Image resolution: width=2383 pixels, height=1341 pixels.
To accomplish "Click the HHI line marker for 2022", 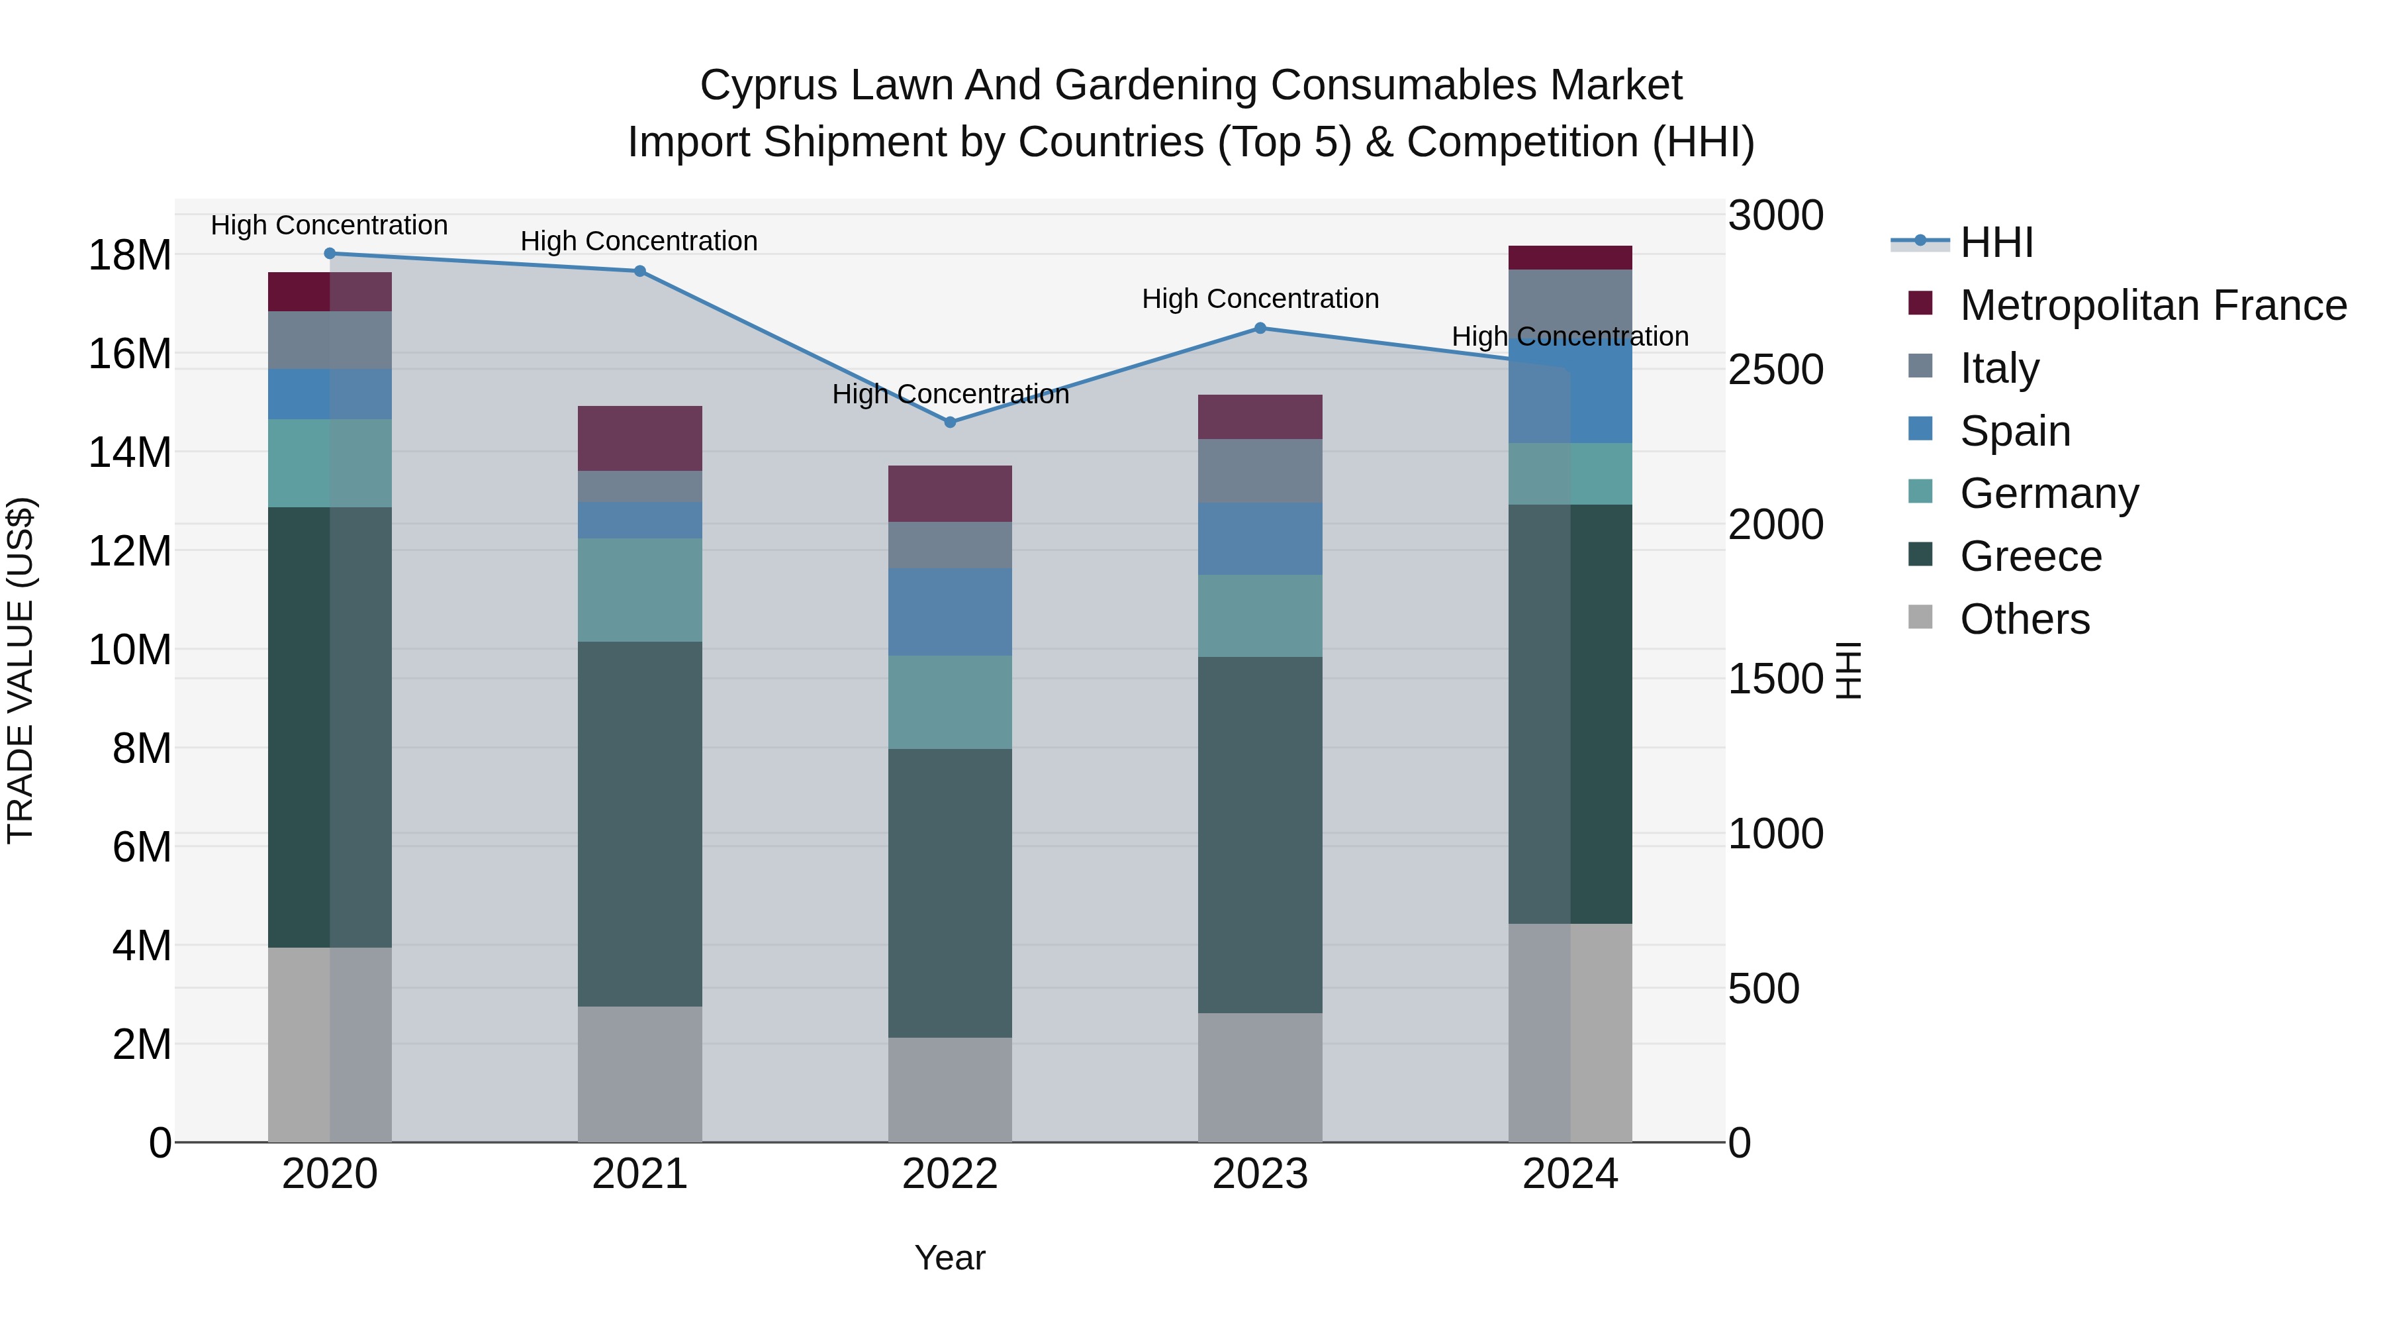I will click(x=949, y=422).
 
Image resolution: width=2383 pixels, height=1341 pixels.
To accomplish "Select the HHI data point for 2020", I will click(x=330, y=254).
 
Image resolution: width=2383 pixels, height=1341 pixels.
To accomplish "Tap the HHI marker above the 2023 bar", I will click(x=1260, y=328).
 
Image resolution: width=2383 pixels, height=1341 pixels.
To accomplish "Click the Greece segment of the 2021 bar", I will click(x=639, y=824).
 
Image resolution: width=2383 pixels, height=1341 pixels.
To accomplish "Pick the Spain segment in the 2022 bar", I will click(x=949, y=612).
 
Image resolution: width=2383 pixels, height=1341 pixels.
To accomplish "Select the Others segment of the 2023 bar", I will click(x=1260, y=1077).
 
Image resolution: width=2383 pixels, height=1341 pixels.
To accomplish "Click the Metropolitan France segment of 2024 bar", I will click(x=1570, y=258).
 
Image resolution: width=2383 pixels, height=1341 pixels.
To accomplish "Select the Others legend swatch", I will click(x=1920, y=617).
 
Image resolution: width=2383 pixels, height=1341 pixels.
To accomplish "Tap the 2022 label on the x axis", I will click(x=949, y=1174).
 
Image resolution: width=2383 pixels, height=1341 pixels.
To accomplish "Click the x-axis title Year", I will click(x=949, y=1258).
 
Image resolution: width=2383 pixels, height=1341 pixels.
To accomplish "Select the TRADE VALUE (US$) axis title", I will click(x=21, y=670).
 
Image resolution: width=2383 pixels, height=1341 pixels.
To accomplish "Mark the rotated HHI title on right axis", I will click(x=1847, y=670).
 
